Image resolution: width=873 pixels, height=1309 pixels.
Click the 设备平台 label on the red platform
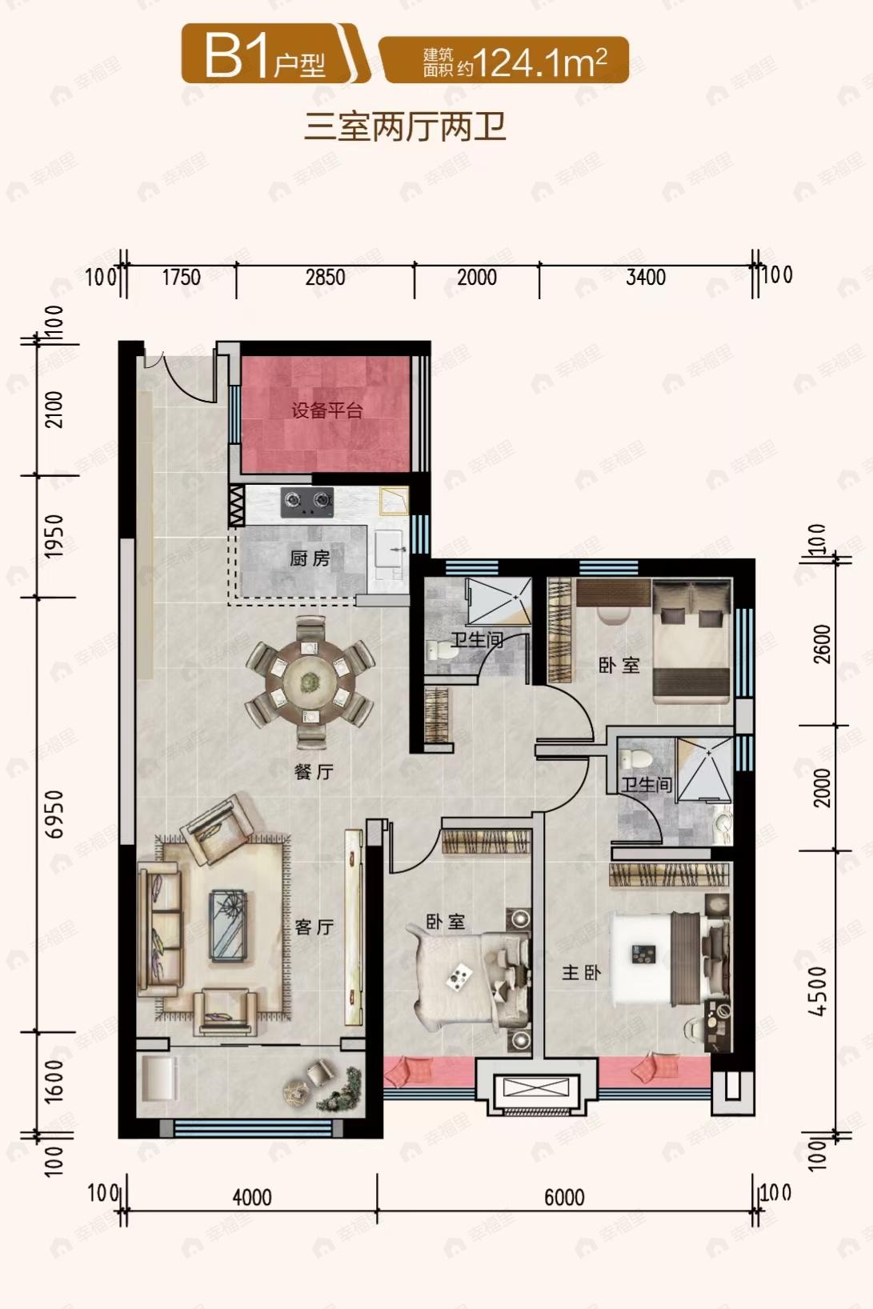pos(326,411)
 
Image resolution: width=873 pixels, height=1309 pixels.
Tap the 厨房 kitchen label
pos(310,558)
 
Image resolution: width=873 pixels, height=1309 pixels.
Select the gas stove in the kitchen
pos(307,501)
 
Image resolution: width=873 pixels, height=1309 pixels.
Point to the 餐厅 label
pos(314,772)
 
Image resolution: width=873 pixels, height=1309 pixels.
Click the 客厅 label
pos(314,927)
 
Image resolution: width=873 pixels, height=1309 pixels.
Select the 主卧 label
pos(581,973)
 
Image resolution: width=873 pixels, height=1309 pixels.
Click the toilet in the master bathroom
pos(640,758)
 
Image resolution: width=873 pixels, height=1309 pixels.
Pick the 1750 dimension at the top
pos(181,278)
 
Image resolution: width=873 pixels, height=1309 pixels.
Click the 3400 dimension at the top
pos(646,278)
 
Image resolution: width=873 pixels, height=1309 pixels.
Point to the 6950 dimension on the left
pos(54,814)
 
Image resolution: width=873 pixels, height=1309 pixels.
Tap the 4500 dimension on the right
pos(818,991)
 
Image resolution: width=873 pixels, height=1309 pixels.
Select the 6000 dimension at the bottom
pos(564,1198)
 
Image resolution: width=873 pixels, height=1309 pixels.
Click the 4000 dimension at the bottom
pos(252,1198)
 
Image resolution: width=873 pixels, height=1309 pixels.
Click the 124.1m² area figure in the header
pos(541,62)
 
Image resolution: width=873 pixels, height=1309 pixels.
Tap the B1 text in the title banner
pos(236,56)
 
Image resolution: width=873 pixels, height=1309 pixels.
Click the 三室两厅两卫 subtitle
pos(405,127)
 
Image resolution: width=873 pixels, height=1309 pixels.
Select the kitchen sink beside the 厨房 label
pos(390,548)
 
